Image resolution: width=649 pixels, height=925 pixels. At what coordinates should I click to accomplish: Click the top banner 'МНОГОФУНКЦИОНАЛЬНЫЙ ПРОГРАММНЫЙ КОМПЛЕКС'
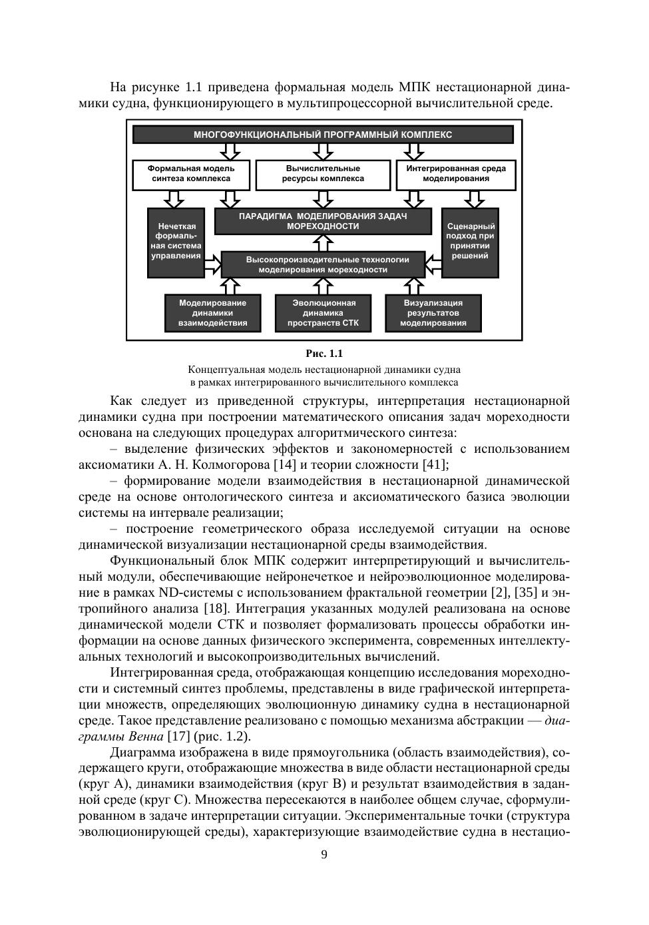[x=323, y=135]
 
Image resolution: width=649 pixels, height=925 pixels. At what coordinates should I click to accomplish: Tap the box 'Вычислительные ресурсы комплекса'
[x=323, y=173]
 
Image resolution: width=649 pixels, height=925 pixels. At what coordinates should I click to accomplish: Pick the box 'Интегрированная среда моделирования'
[x=456, y=173]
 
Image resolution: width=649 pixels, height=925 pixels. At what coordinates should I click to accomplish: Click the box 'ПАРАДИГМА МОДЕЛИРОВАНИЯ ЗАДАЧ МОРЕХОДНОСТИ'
[x=323, y=221]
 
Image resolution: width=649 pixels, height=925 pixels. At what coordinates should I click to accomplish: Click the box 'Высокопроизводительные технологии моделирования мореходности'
[x=323, y=264]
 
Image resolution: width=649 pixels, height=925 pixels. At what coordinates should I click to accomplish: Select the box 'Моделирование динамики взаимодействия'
[x=212, y=312]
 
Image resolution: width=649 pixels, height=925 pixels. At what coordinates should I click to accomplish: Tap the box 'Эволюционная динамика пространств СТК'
[x=324, y=312]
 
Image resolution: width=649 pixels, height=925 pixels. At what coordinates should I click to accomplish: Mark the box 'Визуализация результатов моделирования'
[x=433, y=312]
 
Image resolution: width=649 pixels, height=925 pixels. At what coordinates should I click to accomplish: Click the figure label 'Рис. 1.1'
[x=324, y=354]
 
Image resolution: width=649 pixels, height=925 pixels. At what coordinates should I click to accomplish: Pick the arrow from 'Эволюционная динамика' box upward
[x=324, y=286]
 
